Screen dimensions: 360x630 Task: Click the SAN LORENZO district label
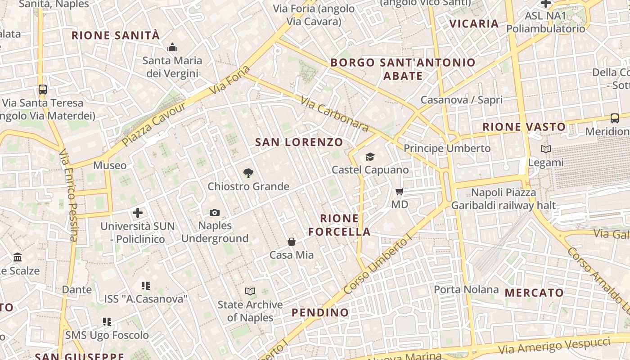click(x=299, y=142)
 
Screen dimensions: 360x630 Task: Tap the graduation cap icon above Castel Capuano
click(x=370, y=157)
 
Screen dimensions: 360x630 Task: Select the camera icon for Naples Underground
click(x=215, y=212)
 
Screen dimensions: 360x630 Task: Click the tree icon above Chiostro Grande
click(x=248, y=173)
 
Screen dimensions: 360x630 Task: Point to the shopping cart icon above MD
click(x=399, y=192)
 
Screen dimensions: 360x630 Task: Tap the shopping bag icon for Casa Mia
click(x=292, y=242)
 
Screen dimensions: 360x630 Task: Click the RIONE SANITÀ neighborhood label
click(x=116, y=35)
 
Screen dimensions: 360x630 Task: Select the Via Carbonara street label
click(x=334, y=115)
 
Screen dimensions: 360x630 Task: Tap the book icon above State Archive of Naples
click(x=250, y=292)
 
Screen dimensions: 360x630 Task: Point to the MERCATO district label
click(x=534, y=293)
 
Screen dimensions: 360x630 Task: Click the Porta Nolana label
click(x=466, y=289)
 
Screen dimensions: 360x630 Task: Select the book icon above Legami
click(x=545, y=149)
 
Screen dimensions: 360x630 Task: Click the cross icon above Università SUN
click(x=138, y=213)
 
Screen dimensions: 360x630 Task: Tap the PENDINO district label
click(x=320, y=312)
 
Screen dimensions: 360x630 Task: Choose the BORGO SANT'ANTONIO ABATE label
click(x=403, y=69)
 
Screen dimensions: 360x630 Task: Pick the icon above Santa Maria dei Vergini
click(x=172, y=47)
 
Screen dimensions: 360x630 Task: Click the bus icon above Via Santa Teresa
click(x=43, y=89)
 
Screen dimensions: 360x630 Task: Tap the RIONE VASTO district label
click(x=524, y=127)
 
